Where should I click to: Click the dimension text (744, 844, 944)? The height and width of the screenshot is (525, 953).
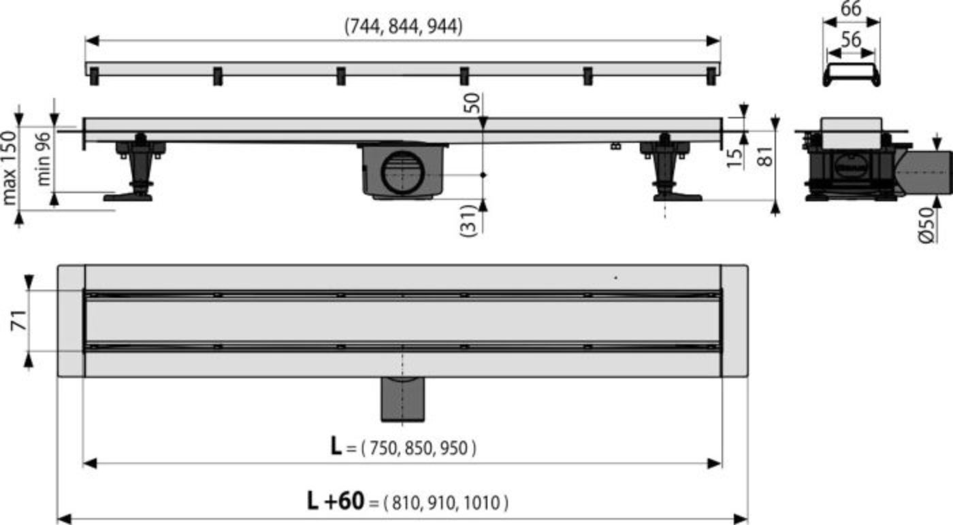click(403, 27)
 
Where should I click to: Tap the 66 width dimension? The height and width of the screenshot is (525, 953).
click(851, 9)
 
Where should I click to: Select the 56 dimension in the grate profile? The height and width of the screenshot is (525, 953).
click(851, 41)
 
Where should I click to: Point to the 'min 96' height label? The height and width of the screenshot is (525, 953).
click(44, 159)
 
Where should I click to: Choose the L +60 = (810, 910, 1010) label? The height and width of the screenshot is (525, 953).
click(407, 503)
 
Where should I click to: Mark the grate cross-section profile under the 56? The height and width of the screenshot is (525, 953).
click(852, 73)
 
